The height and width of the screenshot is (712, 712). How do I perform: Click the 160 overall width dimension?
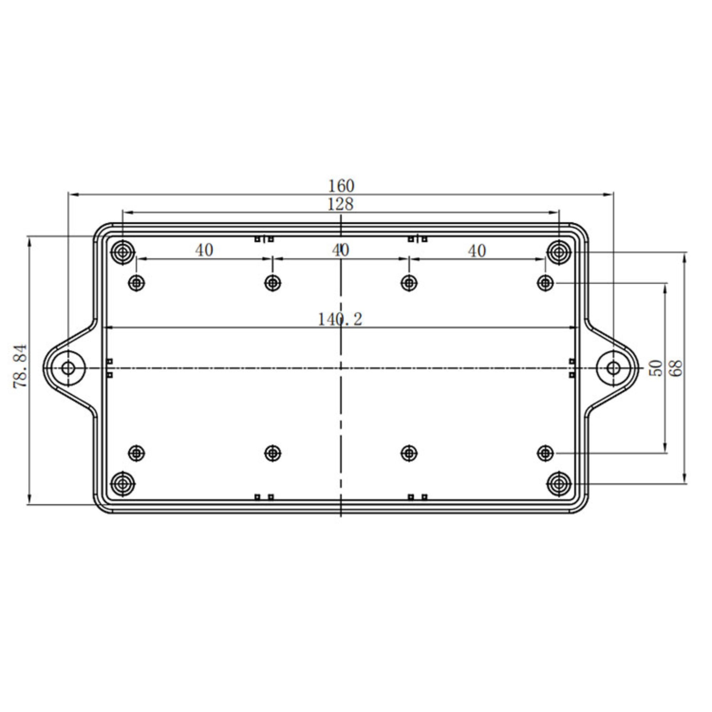pos(341,186)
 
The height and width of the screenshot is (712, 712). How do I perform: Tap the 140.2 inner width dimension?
pos(340,320)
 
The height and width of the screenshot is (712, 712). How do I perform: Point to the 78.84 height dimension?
pos(21,366)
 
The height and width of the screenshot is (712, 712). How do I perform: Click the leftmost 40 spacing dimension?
pos(204,251)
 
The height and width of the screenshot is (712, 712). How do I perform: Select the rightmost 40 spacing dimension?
pos(477,251)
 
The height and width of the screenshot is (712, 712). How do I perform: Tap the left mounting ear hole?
pos(68,368)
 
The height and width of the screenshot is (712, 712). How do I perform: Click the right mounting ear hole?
pos(613,368)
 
